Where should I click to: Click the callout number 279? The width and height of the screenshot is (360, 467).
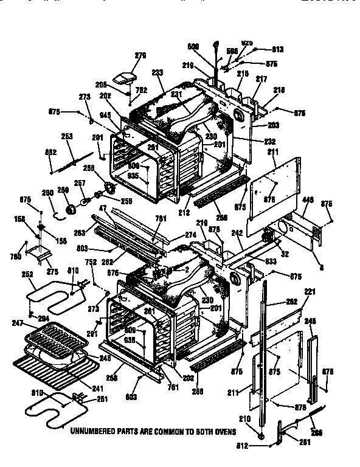click(140, 57)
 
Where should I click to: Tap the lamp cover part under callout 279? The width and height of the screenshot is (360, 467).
click(128, 76)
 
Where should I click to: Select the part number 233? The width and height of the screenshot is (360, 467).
click(157, 72)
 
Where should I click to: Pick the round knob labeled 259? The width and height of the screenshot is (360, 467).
click(71, 209)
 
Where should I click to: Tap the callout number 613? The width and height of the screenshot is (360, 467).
click(277, 49)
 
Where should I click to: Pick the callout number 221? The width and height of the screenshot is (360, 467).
click(310, 292)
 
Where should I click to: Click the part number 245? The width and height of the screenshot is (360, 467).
click(311, 321)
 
